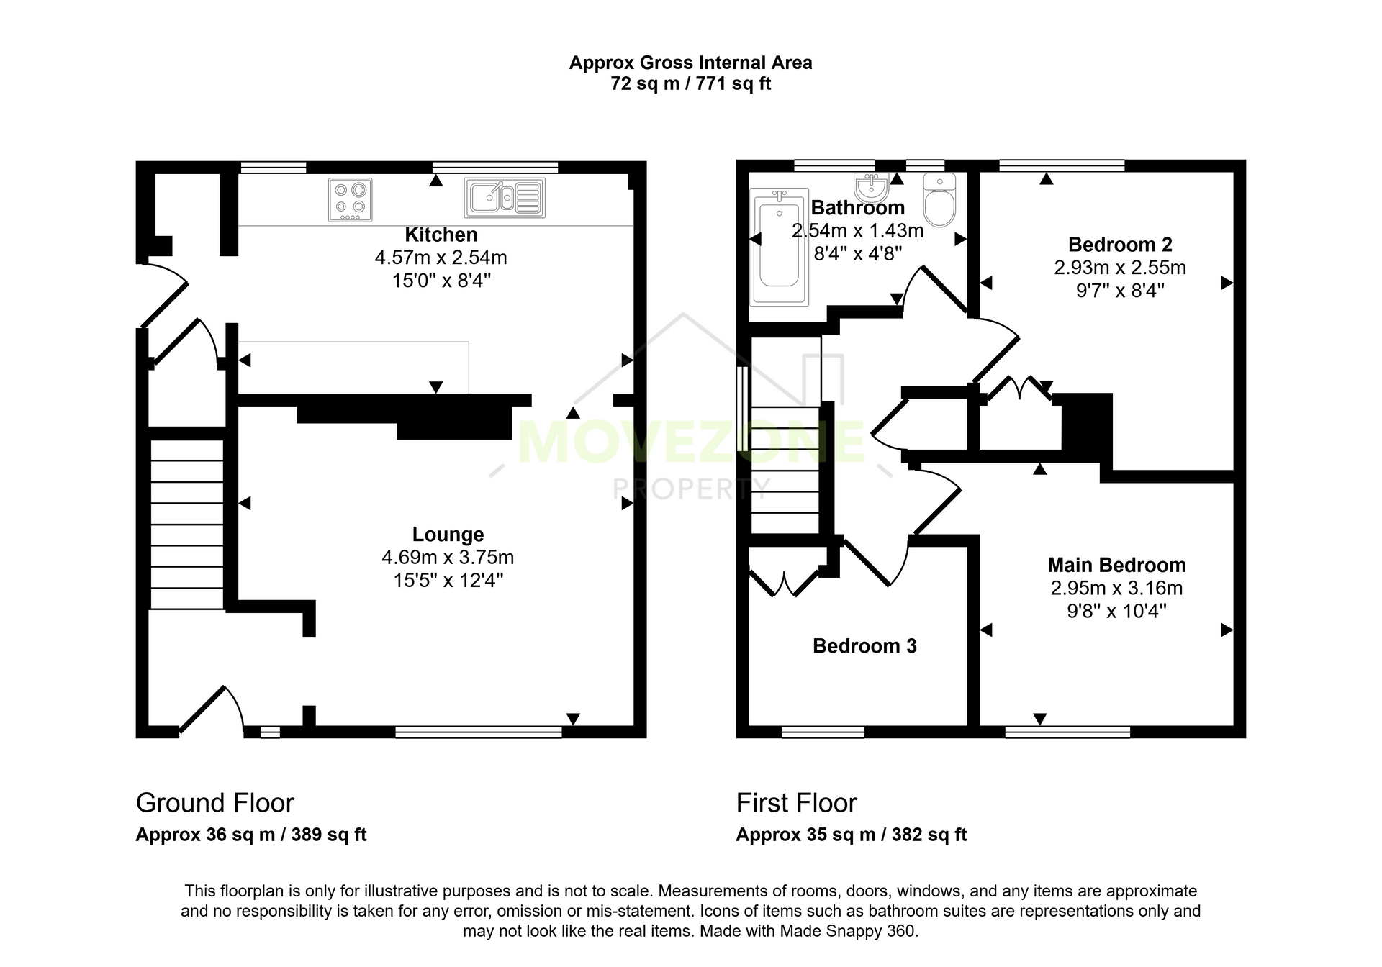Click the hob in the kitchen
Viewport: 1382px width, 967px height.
click(351, 199)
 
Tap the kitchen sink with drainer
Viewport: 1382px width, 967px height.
click(505, 197)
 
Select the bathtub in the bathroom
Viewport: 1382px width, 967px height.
click(780, 246)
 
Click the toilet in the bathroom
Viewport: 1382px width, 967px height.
click(939, 199)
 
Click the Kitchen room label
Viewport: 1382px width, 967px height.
click(441, 235)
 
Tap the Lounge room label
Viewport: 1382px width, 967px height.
click(448, 535)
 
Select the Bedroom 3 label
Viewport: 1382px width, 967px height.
click(864, 646)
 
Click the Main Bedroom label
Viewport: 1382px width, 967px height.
click(1116, 566)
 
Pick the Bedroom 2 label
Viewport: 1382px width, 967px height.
click(1120, 245)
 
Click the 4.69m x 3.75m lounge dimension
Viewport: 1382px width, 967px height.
click(448, 558)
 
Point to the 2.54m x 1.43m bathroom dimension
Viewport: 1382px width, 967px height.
click(857, 231)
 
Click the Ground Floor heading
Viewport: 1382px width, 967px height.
click(215, 803)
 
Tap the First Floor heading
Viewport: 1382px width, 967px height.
click(796, 803)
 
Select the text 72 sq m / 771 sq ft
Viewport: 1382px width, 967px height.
click(691, 84)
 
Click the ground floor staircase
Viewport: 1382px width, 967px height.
click(187, 525)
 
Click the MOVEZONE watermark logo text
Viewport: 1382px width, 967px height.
click(691, 442)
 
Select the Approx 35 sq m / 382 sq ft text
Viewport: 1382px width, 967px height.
click(852, 835)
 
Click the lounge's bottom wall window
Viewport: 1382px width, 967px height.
click(479, 732)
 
